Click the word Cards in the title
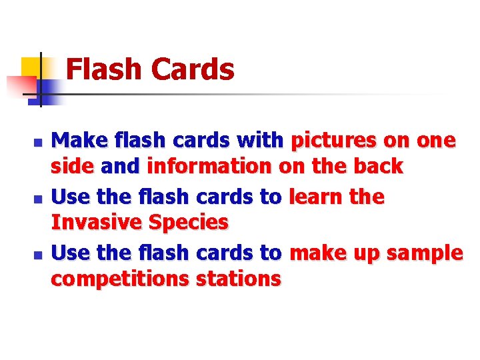pos(193,69)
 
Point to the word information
pos(209,166)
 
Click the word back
pos(378,166)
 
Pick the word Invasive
pos(97,222)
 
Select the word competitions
pos(120,279)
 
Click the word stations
pos(238,279)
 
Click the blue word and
pos(120,166)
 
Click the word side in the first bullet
pos(73,166)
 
